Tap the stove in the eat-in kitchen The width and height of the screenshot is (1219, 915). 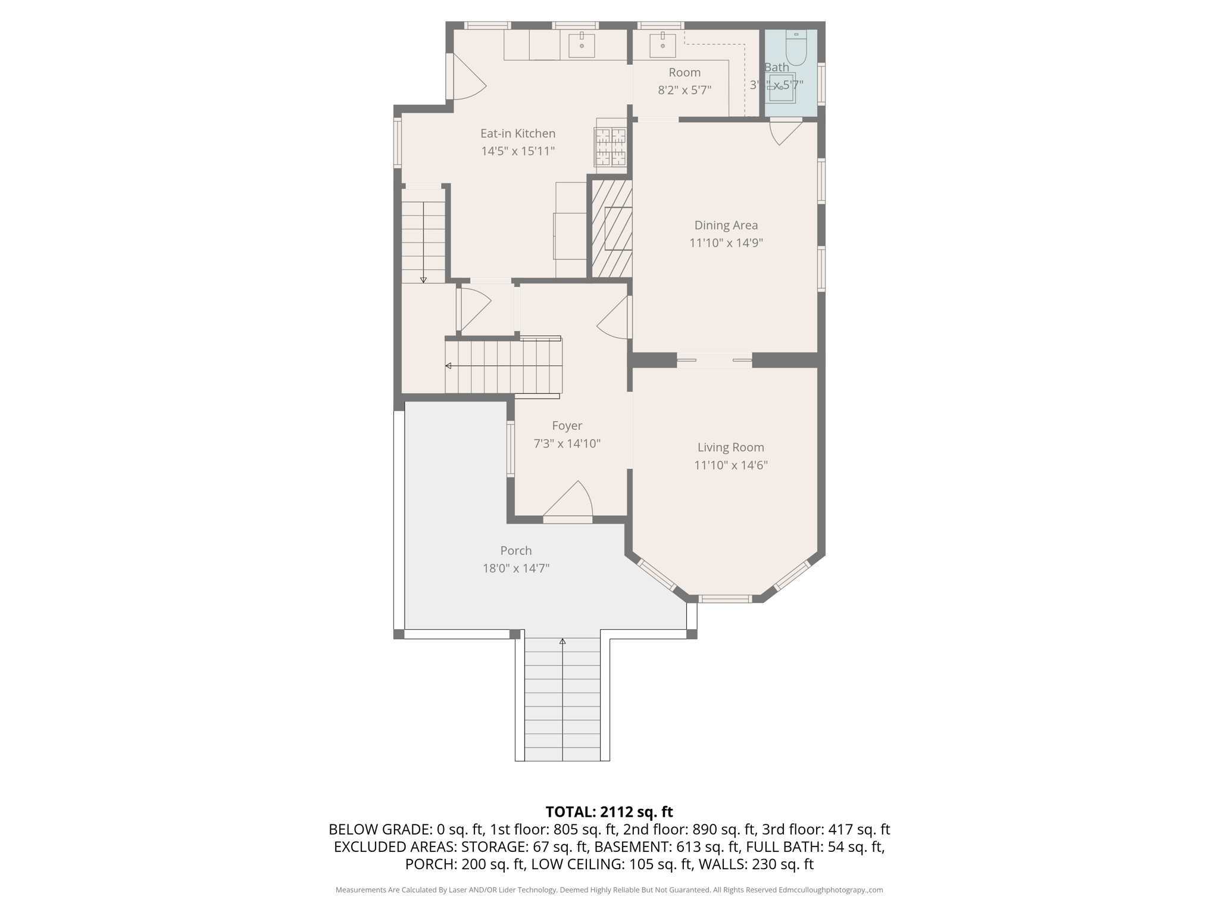[611, 147]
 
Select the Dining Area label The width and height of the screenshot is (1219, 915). [726, 225]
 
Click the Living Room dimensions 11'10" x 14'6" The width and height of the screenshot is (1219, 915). [730, 465]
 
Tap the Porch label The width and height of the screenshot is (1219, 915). [515, 550]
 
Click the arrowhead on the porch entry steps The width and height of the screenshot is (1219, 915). [562, 642]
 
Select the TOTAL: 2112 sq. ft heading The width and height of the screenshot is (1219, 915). [609, 812]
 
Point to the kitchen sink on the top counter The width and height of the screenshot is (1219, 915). [582, 45]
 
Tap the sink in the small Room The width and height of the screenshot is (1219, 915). [662, 45]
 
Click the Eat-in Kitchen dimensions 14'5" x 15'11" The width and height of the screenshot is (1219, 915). [518, 151]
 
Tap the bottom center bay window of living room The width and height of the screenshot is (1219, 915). [724, 599]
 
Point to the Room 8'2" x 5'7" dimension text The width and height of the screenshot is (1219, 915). [684, 90]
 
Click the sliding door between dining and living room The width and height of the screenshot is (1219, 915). [714, 360]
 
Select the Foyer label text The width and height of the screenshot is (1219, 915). [567, 425]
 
